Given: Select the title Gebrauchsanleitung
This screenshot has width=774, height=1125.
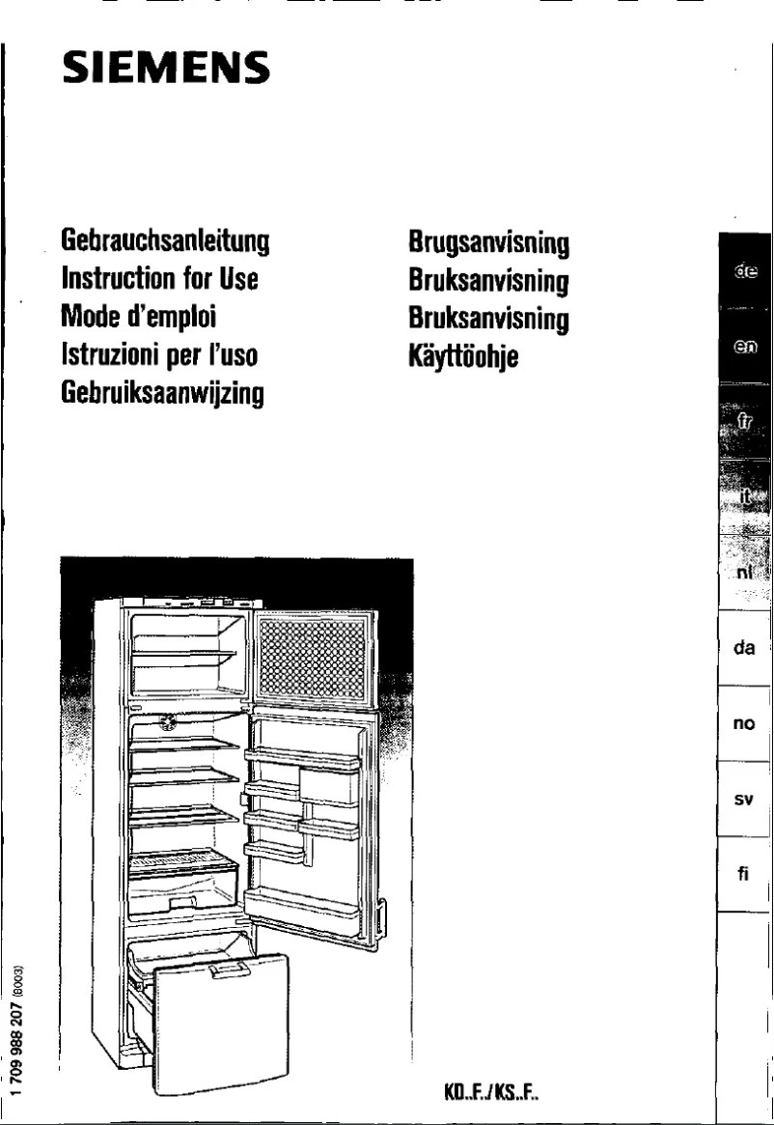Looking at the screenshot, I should (x=164, y=240).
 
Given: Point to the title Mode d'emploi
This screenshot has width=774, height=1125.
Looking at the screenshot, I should (x=137, y=317).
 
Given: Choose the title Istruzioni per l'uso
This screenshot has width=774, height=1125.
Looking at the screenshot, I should (x=157, y=355).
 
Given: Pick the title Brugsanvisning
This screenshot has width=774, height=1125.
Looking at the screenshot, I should (x=489, y=241).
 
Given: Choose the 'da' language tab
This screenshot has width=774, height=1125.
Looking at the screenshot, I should (x=743, y=649).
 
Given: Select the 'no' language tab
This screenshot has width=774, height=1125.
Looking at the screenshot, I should (x=743, y=724).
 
